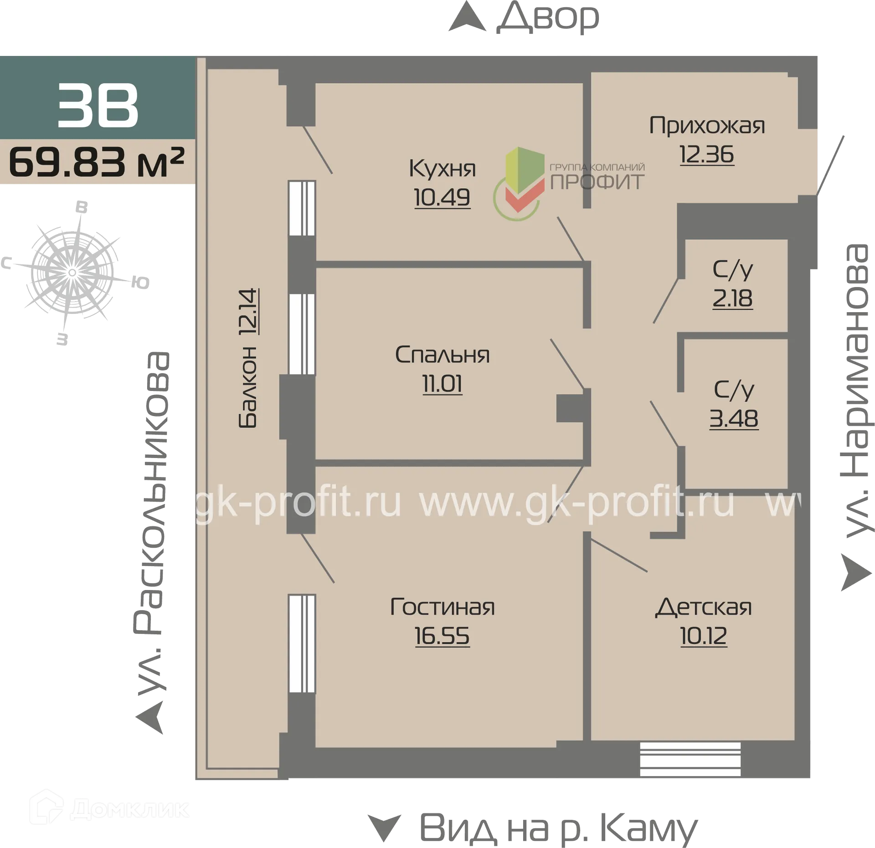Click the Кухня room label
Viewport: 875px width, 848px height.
click(x=442, y=168)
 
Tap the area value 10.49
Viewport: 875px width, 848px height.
click(x=442, y=197)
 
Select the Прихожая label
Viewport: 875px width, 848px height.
click(x=707, y=126)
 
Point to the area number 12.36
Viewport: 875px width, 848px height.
click(x=707, y=154)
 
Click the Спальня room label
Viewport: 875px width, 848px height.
click(x=442, y=355)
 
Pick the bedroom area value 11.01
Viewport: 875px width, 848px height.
click(x=442, y=384)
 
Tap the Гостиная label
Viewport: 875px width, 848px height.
click(x=442, y=607)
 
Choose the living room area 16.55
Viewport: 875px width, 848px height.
click(x=442, y=636)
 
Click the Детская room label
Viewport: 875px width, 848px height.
click(x=704, y=607)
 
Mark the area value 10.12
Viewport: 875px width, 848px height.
click(x=704, y=636)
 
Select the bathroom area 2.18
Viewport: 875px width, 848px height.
click(x=732, y=298)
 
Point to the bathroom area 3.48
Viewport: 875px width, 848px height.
click(x=734, y=418)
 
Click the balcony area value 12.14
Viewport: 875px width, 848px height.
click(x=249, y=312)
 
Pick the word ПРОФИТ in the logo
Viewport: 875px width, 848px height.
click(x=597, y=182)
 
